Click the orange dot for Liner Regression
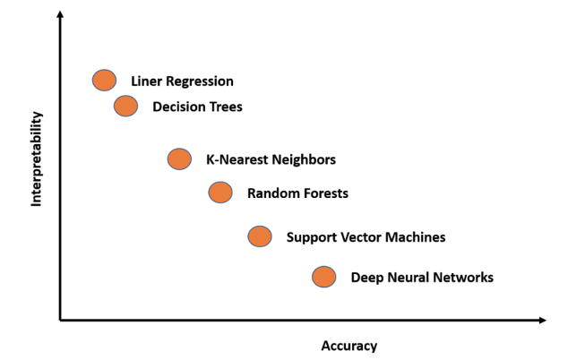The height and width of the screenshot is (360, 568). tap(104, 80)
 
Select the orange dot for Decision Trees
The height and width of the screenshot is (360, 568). tap(125, 107)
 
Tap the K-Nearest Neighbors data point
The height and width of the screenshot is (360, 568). tap(179, 159)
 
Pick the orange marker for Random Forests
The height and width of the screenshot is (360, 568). tap(220, 192)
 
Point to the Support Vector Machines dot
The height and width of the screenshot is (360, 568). tap(259, 236)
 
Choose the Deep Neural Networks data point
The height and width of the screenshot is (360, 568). tap(323, 277)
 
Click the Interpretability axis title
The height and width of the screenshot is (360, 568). tap(37, 159)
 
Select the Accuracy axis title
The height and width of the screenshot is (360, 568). tap(349, 346)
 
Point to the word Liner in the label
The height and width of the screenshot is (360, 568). tap(147, 81)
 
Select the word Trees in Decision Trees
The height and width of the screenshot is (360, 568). tap(225, 107)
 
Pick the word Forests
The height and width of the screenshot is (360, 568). tap(323, 193)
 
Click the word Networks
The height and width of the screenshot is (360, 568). tap(461, 278)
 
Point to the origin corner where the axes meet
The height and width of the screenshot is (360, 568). tap(60, 319)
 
